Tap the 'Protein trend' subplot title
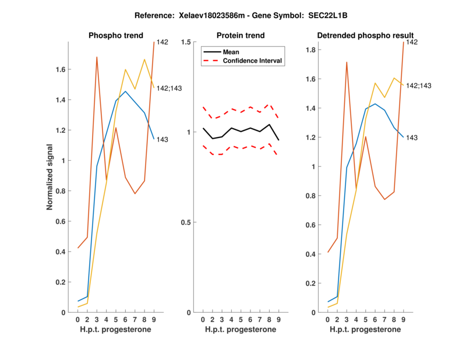[241, 36]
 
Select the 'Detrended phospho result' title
[365, 36]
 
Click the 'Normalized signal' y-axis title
[51, 177]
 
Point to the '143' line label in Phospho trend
[163, 140]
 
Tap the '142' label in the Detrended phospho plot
[411, 42]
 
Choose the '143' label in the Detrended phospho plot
[411, 137]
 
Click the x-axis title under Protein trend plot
[240, 330]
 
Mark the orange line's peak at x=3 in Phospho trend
[97, 57]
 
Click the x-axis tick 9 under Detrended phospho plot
[403, 320]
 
